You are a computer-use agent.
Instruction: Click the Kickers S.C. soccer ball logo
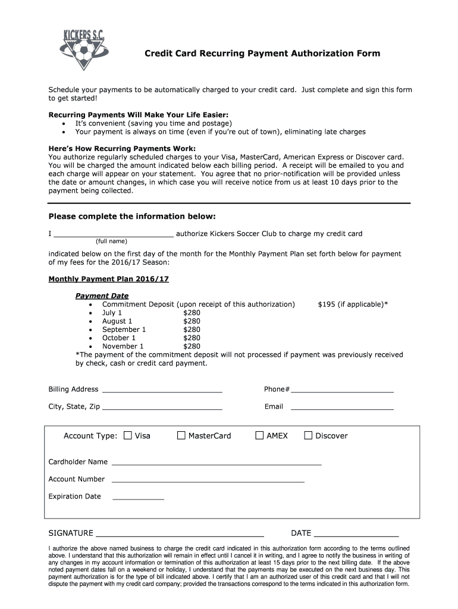coord(84,48)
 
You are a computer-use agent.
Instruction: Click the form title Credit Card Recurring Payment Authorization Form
coord(262,54)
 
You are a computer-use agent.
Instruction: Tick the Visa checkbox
coord(127,435)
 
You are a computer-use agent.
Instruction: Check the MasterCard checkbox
coord(181,435)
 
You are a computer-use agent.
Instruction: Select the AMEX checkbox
coord(259,435)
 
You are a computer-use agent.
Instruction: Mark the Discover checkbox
coord(308,435)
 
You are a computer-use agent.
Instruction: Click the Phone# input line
coord(342,390)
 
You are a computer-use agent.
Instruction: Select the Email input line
coord(342,408)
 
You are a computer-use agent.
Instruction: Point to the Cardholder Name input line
coord(217,462)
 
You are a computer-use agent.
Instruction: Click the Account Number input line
coord(208,479)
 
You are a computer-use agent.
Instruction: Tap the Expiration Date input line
coord(138,497)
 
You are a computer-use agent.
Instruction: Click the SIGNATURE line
coord(180,534)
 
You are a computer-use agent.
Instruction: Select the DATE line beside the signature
coord(356,534)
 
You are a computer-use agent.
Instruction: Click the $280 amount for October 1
coord(192,338)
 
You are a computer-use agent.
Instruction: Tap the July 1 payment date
coord(112,313)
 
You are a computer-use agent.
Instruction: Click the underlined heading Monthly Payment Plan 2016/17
coord(104,278)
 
